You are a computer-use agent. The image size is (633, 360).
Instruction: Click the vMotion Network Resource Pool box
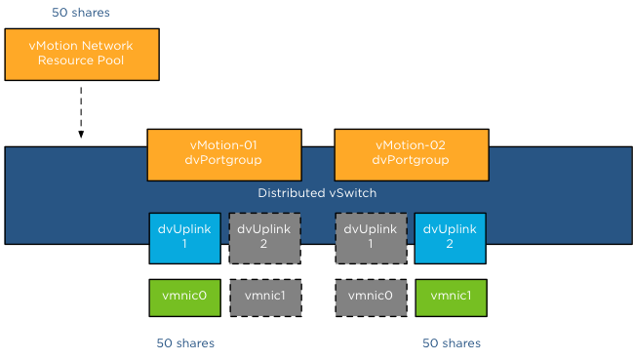pos(81,54)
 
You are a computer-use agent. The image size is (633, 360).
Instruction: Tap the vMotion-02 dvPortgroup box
pos(411,154)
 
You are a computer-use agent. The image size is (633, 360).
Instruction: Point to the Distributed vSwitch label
pos(317,193)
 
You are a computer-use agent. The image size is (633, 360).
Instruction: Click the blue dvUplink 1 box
pos(184,237)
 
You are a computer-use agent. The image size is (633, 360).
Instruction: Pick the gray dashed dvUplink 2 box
pos(264,237)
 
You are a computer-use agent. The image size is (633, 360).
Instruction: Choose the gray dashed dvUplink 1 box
pos(370,237)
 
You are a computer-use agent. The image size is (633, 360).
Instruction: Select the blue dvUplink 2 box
pos(450,237)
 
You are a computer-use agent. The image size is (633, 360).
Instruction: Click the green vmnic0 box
pos(184,297)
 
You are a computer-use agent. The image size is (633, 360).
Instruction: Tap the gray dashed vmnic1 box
pos(264,297)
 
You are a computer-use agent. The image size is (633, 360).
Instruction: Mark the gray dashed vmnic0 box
pos(370,297)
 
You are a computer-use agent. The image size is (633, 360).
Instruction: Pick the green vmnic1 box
pos(450,297)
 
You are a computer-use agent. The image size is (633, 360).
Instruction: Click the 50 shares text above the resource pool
pos(81,14)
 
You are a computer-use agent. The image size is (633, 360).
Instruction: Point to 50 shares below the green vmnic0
pos(185,343)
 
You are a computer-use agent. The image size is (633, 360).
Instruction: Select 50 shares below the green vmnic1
pos(452,343)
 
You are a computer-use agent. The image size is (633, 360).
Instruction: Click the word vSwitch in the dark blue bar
pos(353,193)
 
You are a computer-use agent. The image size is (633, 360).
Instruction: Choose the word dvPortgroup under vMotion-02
pos(411,161)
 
